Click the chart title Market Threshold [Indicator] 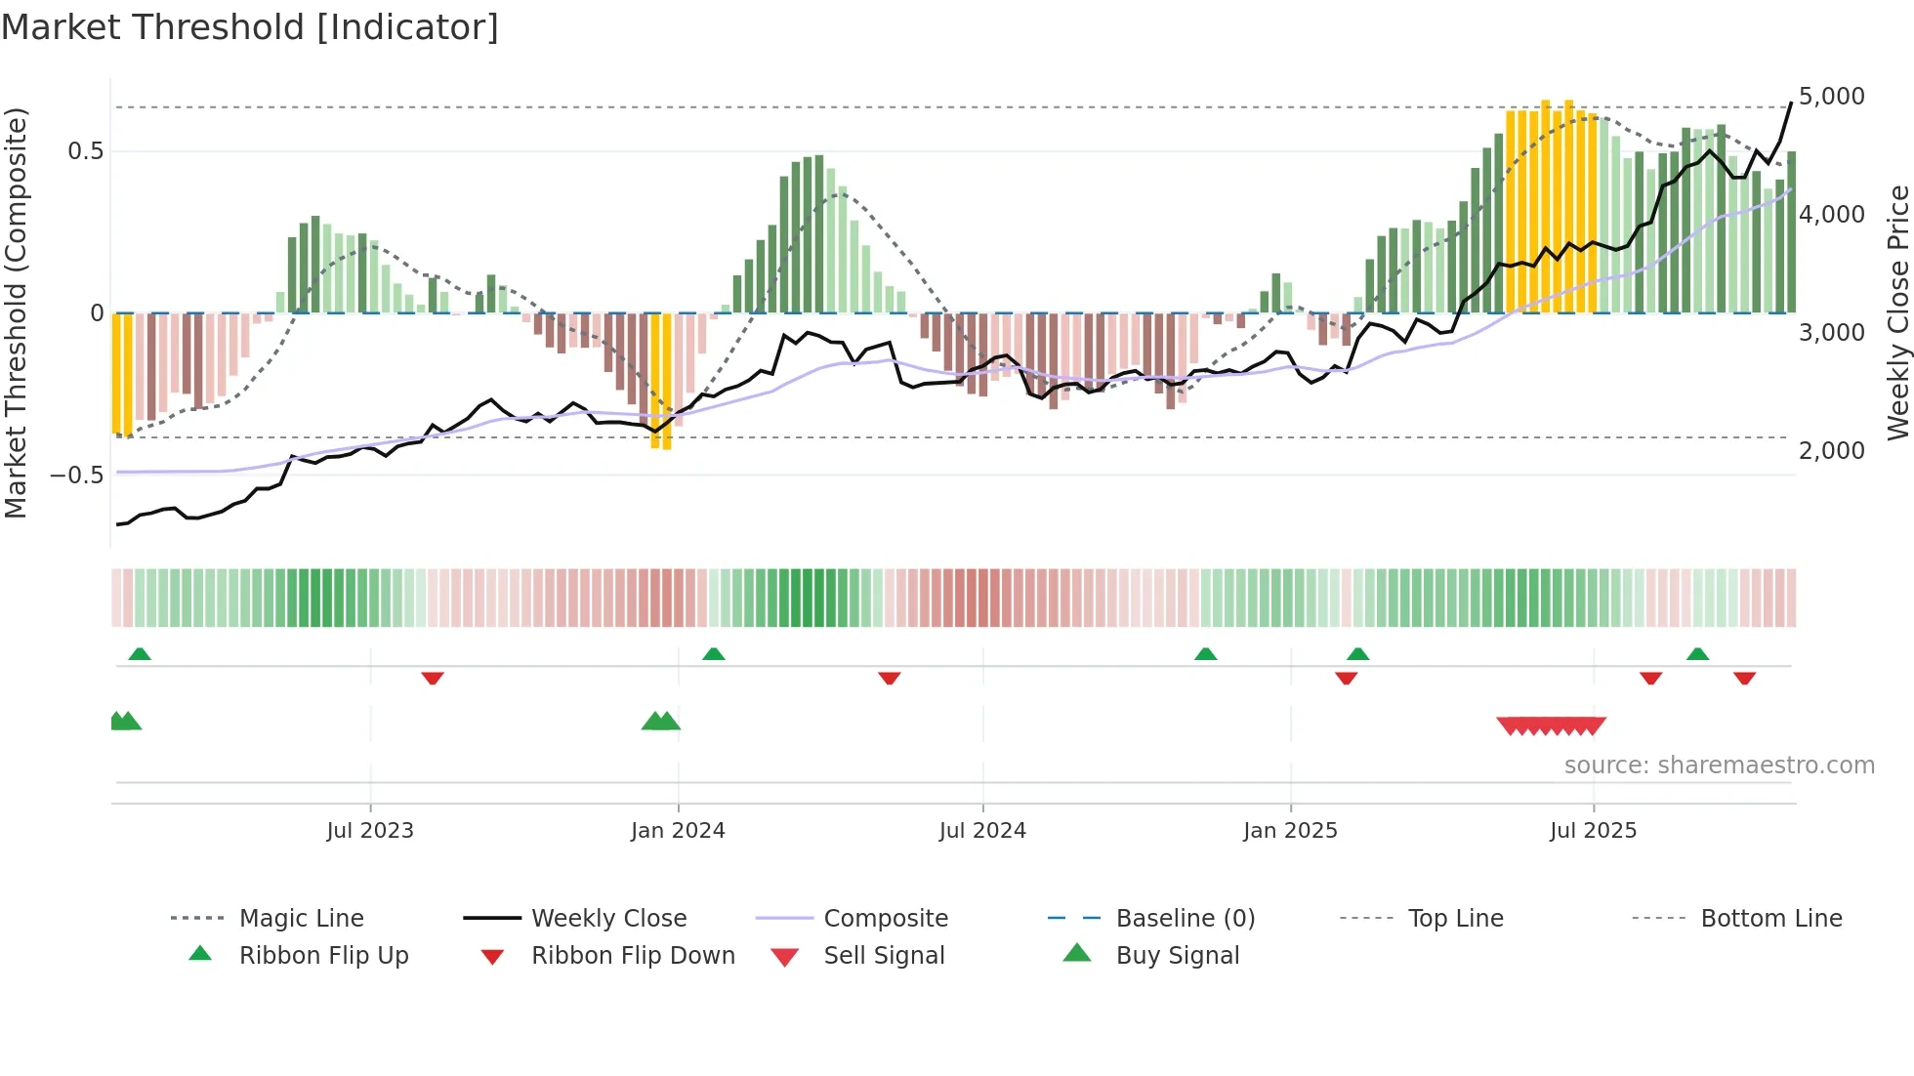(x=250, y=27)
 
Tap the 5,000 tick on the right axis (x=1831, y=97)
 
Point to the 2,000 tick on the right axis (x=1831, y=451)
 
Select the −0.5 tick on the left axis (x=76, y=476)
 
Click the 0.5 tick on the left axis (x=85, y=151)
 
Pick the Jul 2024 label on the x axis (x=982, y=831)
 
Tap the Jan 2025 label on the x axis (x=1290, y=831)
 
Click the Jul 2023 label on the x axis (x=370, y=831)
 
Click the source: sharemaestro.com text (x=1719, y=766)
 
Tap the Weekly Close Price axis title (x=1897, y=312)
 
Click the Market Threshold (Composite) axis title (x=16, y=312)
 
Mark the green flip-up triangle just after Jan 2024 (x=714, y=654)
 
